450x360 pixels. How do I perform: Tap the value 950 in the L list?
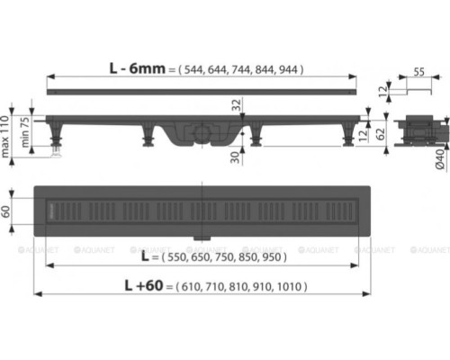pyautogui.click(x=273, y=256)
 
